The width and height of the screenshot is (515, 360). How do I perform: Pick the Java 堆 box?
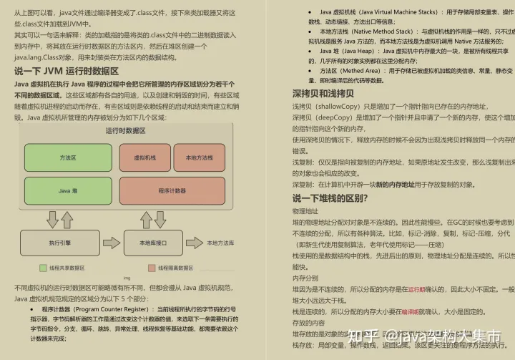point(68,191)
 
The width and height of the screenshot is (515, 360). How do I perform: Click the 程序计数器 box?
point(172,191)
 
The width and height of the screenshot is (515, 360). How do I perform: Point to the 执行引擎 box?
point(59,243)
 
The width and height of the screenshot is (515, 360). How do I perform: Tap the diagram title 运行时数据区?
point(125,131)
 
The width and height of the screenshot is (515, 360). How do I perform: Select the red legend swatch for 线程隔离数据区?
point(152,268)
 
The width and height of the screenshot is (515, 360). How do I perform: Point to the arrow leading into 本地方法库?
point(194,243)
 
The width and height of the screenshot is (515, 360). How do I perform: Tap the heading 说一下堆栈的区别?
point(330,198)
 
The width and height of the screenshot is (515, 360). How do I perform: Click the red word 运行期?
point(417,289)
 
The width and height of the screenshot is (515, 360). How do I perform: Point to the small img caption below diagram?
point(127,278)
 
